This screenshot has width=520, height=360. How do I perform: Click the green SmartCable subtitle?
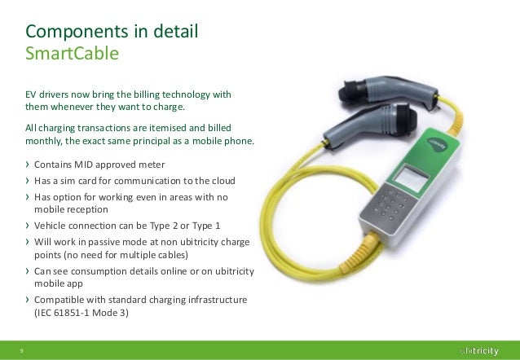click(x=73, y=55)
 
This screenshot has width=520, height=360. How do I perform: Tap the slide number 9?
click(x=21, y=350)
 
